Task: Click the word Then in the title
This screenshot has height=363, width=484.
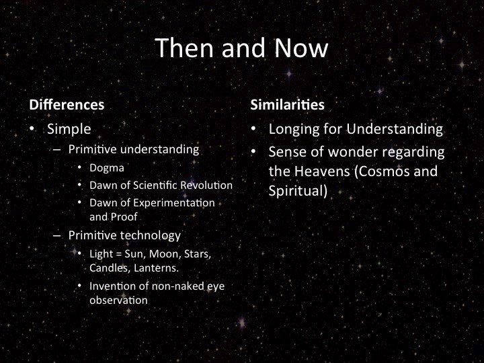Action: (185, 48)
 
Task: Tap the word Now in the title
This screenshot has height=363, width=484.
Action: (301, 48)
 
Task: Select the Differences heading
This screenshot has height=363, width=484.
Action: (67, 105)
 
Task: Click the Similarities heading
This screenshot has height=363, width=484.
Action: (288, 105)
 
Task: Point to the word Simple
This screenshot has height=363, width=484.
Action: (69, 129)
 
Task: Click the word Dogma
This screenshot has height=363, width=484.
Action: (107, 168)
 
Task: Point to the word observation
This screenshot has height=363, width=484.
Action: (118, 300)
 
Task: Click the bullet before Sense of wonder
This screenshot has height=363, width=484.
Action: (253, 152)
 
